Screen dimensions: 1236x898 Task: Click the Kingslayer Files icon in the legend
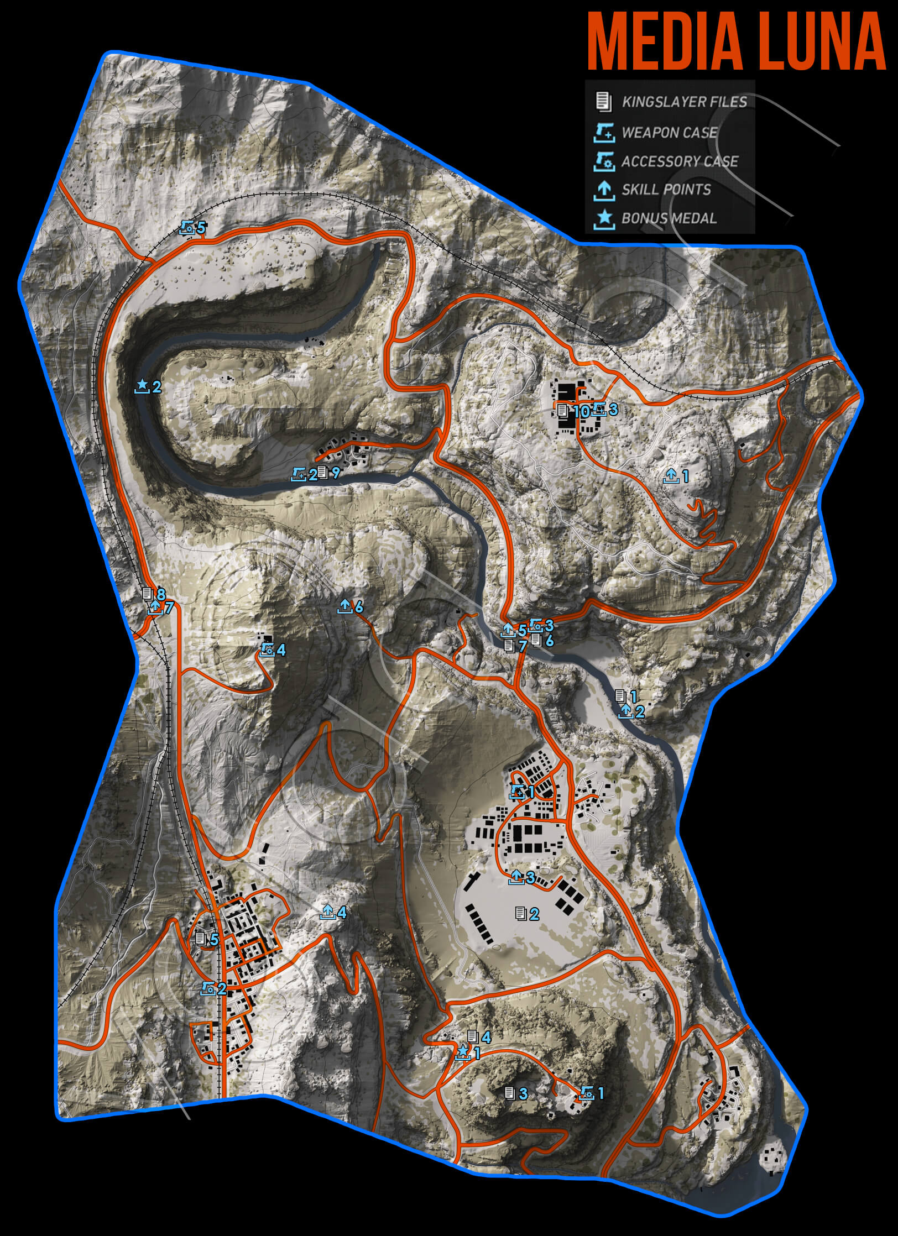pos(603,102)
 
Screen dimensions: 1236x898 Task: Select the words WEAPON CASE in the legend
pos(669,133)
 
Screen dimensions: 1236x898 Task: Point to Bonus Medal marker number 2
pos(142,385)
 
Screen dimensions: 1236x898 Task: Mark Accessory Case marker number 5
pos(187,227)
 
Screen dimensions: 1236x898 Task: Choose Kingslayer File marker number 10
pos(563,411)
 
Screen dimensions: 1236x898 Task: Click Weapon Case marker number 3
pos(599,410)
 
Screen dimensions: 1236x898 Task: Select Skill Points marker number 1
pos(671,475)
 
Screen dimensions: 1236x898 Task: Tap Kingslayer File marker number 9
pos(323,473)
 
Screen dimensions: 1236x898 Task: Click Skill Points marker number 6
pos(344,606)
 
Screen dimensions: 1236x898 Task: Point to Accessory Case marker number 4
pos(268,650)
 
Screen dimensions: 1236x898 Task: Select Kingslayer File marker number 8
pos(147,594)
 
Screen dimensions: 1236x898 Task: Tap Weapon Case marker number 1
pos(518,792)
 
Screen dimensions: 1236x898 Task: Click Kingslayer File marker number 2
pos(520,914)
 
